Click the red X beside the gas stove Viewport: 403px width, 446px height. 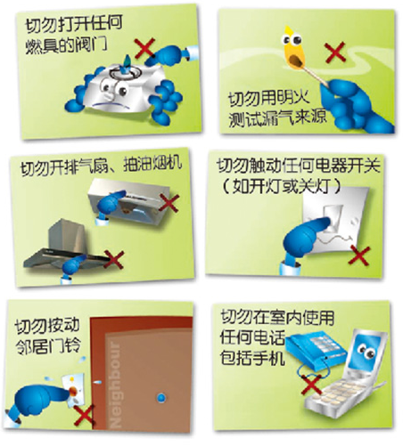click(144, 48)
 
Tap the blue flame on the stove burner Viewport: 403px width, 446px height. click(127, 61)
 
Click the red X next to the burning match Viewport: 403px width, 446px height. click(335, 53)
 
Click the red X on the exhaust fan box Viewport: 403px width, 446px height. click(169, 203)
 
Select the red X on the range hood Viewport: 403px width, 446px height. click(114, 260)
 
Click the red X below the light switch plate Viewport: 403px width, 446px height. click(359, 255)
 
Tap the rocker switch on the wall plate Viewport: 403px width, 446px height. click(333, 218)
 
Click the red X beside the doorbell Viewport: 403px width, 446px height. click(84, 416)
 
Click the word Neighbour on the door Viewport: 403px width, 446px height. click(115, 385)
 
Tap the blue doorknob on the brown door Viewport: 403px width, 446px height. click(160, 397)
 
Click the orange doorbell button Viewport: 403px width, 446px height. click(73, 392)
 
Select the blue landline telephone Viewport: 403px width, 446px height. click(316, 350)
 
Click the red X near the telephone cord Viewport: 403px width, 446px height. click(311, 385)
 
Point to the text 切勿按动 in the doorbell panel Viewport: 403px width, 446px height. click(47, 326)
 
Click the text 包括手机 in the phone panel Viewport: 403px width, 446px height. click(252, 358)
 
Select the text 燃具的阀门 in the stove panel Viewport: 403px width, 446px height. click(67, 46)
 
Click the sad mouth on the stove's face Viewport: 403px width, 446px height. click(111, 105)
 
